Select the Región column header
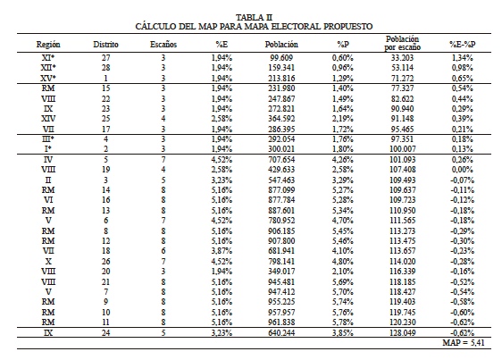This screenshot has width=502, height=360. pos(47,43)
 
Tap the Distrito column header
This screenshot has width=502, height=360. pos(106,43)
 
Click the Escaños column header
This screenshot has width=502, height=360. pos(163,43)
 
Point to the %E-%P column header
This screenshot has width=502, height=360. pos(462,43)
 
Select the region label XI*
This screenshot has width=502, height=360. pos(47,57)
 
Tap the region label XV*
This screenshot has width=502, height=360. pos(47,78)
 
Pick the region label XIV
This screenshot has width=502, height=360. pos(47,119)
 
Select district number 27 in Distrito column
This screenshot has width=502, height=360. pos(106,57)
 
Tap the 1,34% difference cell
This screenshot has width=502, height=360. pos(462,57)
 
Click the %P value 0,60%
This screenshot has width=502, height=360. pos(345,57)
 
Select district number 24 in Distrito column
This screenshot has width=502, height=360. pos(106,331)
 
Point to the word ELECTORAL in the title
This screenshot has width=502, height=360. pos(290,27)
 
